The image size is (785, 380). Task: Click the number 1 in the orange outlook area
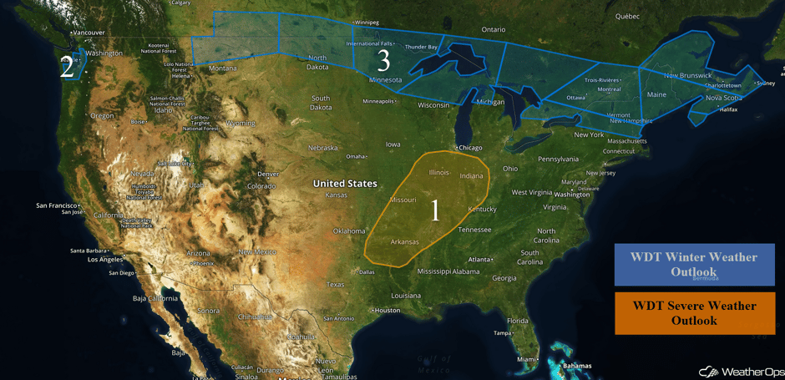click(x=434, y=210)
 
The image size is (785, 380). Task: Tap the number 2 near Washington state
click(x=67, y=68)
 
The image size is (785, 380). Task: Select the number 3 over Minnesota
click(x=383, y=60)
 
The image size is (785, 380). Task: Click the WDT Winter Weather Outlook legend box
click(x=694, y=264)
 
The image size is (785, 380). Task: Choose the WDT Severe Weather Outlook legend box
click(x=694, y=313)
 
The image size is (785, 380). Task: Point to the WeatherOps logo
click(x=737, y=371)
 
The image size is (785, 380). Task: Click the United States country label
click(x=345, y=183)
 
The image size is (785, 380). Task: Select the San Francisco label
click(x=56, y=205)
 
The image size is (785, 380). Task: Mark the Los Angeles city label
click(x=82, y=259)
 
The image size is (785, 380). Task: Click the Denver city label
click(x=268, y=174)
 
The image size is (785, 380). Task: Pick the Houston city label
click(x=389, y=311)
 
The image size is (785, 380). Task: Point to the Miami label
click(x=526, y=359)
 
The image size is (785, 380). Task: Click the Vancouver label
click(x=88, y=33)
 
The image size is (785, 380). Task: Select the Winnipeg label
click(x=367, y=23)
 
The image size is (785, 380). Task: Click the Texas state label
click(x=335, y=284)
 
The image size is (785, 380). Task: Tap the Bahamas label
click(x=576, y=366)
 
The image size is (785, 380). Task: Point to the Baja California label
click(x=155, y=297)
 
